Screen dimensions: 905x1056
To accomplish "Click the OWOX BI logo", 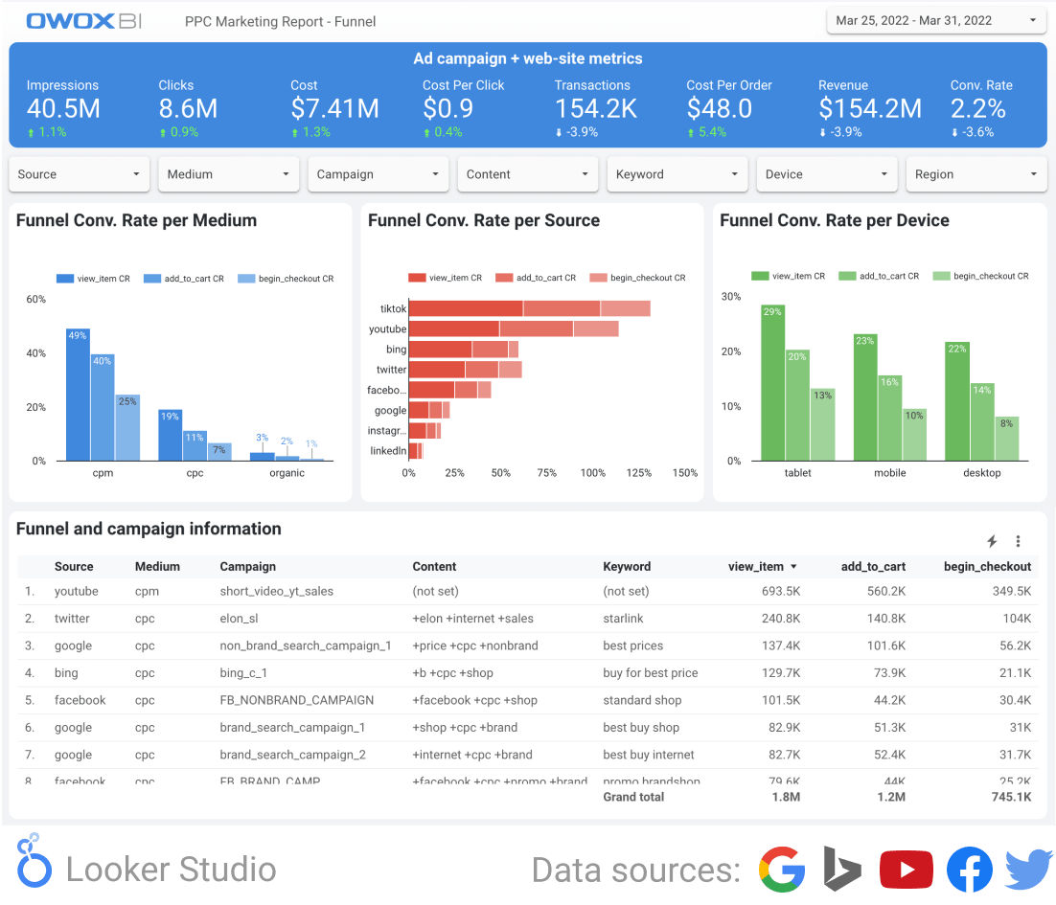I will click(84, 21).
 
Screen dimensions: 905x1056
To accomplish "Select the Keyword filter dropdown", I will click(677, 174).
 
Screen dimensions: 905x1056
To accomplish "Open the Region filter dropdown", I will click(976, 174).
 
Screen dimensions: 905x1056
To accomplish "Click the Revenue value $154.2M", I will click(869, 109).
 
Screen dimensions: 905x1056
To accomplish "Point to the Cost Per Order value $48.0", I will click(719, 109).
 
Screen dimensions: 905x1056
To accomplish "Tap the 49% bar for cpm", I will click(78, 395).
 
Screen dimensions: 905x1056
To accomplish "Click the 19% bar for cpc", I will click(170, 435).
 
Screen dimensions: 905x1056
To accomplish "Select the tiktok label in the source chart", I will click(393, 308).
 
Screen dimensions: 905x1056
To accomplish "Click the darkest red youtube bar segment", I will click(453, 329).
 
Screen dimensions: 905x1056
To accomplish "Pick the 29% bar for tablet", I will click(772, 383).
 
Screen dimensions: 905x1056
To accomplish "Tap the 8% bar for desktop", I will click(1006, 439).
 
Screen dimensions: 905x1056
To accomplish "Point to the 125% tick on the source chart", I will click(639, 473).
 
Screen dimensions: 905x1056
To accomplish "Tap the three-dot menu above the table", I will click(1018, 541).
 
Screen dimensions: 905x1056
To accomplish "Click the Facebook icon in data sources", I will click(969, 870).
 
